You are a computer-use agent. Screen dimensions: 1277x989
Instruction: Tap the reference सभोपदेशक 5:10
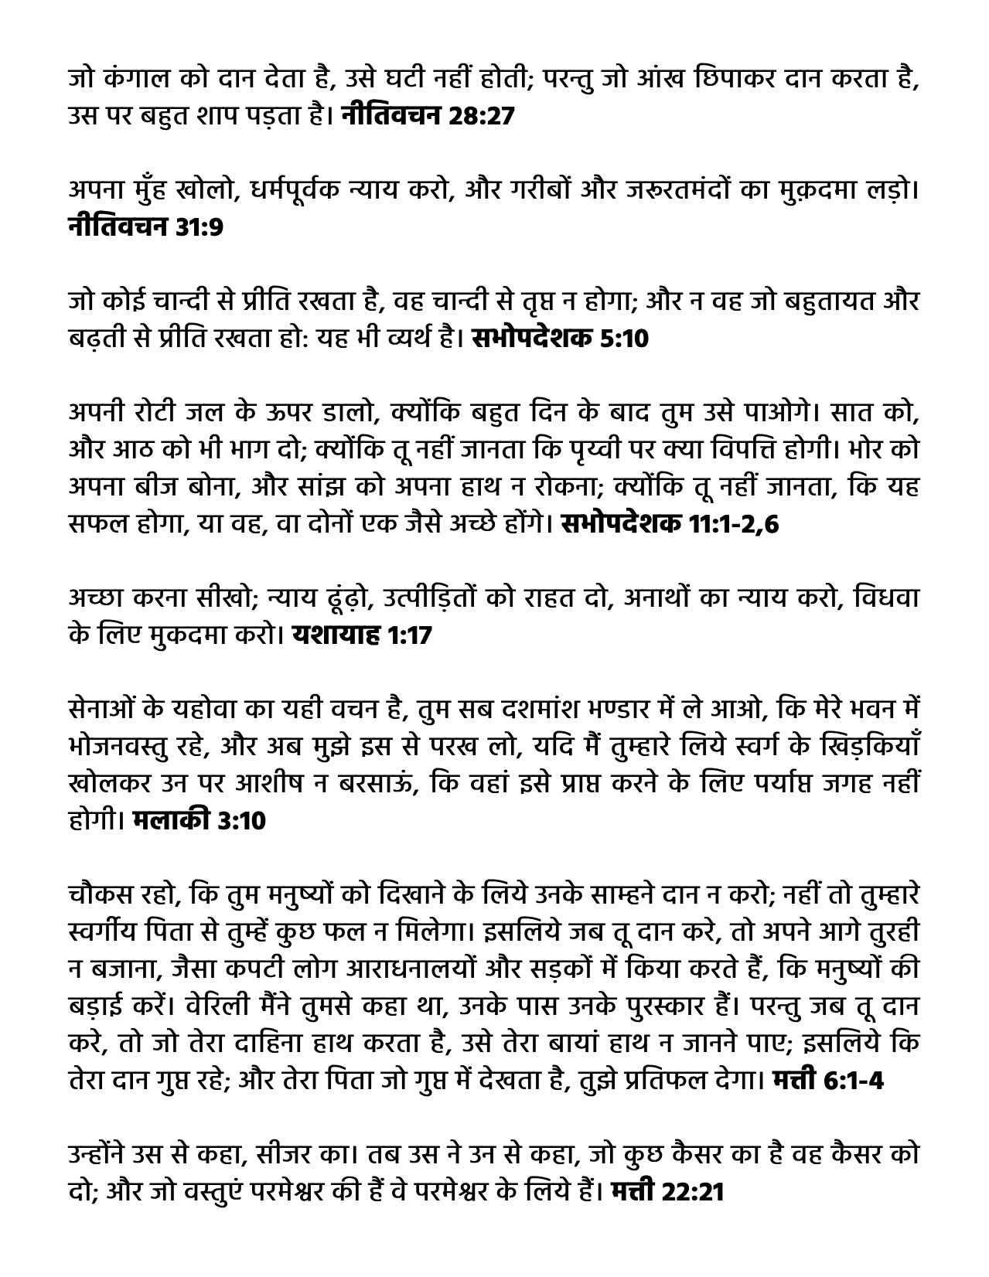point(559,339)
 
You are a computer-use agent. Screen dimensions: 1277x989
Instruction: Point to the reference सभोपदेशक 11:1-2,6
point(670,525)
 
